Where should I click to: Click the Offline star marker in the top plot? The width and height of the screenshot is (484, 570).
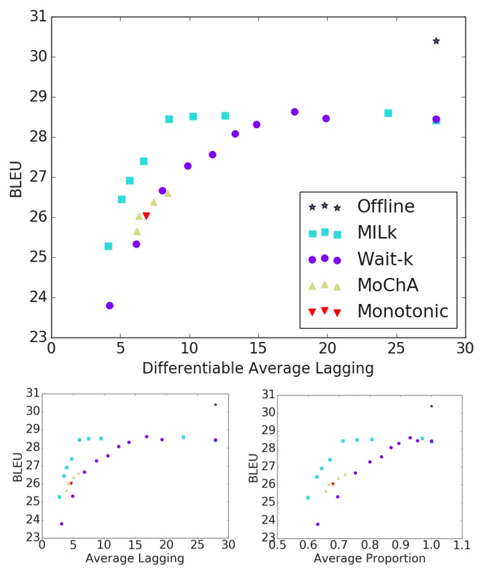pyautogui.click(x=436, y=41)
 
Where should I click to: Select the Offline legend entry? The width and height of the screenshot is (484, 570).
pyautogui.click(x=385, y=206)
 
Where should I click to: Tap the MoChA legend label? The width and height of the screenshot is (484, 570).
pyautogui.click(x=386, y=285)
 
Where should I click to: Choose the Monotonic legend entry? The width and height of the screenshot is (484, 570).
pyautogui.click(x=402, y=311)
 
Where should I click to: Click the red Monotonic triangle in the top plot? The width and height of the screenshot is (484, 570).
pyautogui.click(x=147, y=216)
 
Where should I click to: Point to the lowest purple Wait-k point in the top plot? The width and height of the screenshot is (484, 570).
pyautogui.click(x=110, y=305)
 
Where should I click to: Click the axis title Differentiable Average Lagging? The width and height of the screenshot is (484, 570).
pyautogui.click(x=258, y=368)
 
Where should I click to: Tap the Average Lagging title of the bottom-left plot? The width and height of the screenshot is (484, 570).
pyautogui.click(x=135, y=559)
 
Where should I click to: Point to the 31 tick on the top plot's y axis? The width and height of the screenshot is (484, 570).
pyautogui.click(x=39, y=17)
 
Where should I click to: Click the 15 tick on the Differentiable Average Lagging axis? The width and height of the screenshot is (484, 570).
pyautogui.click(x=258, y=348)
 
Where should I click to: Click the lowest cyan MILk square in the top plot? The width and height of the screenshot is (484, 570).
pyautogui.click(x=108, y=246)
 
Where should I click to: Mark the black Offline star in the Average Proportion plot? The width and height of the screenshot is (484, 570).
pyautogui.click(x=431, y=406)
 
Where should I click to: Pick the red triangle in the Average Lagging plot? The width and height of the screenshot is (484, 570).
pyautogui.click(x=71, y=484)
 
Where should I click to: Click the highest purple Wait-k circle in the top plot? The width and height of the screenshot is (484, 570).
pyautogui.click(x=294, y=112)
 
